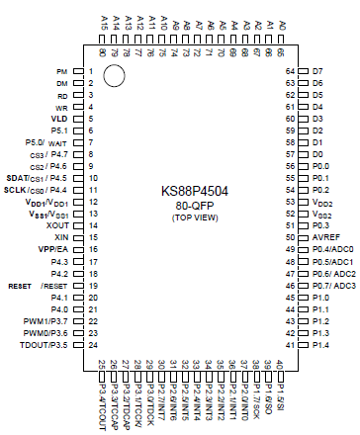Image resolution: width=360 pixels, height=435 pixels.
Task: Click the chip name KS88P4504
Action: [x=196, y=190]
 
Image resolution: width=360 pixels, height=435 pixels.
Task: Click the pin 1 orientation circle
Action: [x=114, y=75]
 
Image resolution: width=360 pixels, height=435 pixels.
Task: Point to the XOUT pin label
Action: [x=55, y=225]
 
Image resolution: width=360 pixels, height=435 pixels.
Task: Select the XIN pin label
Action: [x=60, y=238]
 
